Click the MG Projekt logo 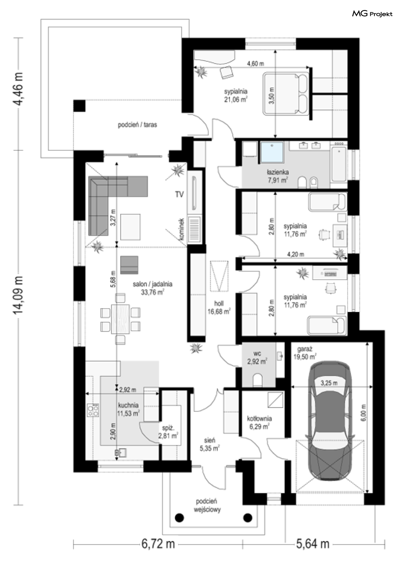click(372, 13)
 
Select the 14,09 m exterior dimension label click(18, 295)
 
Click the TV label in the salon click(179, 194)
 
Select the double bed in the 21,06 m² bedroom click(286, 94)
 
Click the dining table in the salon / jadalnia click(120, 319)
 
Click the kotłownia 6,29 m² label click(260, 422)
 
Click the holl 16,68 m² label click(219, 307)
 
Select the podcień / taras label click(137, 125)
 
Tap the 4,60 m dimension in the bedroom click(255, 64)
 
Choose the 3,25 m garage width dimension click(329, 383)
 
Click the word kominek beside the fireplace click(181, 229)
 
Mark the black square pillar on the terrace click(79, 106)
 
